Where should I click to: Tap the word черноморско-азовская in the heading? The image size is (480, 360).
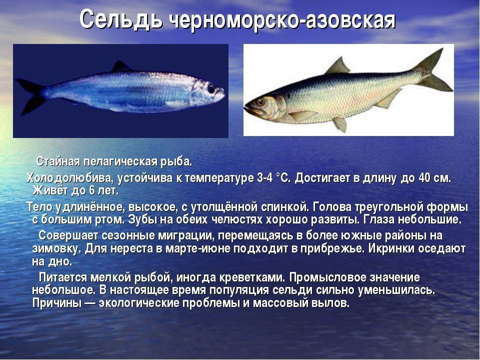pos(282,21)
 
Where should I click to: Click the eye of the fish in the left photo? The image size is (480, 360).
pos(211,89)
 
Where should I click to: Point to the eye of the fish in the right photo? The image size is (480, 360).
pos(260,102)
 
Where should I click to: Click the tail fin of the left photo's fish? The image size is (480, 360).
pos(28,95)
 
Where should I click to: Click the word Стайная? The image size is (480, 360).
pos(58,162)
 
